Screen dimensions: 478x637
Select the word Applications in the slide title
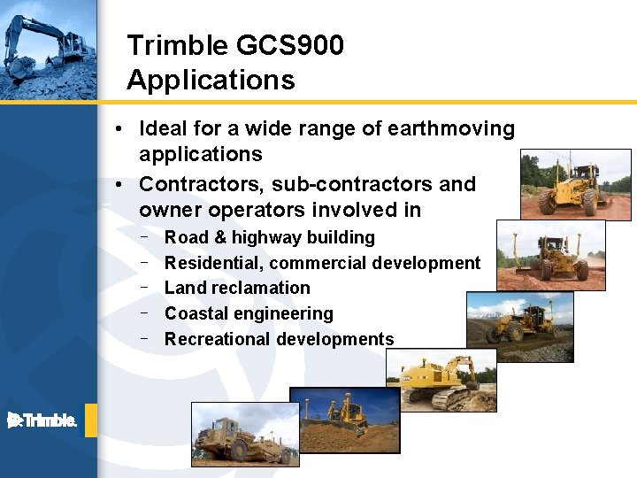[211, 81]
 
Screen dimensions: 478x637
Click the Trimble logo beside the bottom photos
[42, 420]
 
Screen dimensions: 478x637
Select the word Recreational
[218, 340]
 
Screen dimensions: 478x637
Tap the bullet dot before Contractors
[119, 185]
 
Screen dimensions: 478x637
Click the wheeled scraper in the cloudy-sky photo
[239, 439]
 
